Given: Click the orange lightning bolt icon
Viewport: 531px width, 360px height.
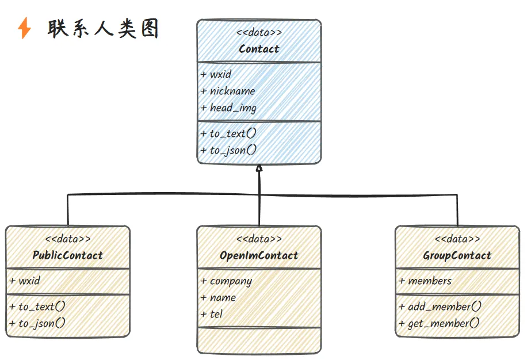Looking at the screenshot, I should [x=25, y=28].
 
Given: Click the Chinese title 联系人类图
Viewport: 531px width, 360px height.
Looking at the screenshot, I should [x=103, y=29].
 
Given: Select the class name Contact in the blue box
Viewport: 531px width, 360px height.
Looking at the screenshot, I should [x=259, y=49].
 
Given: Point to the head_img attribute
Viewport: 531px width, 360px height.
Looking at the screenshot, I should [x=229, y=108].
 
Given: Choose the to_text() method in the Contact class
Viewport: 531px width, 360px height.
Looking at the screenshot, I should [x=229, y=133].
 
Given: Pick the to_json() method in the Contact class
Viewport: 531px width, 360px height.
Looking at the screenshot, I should [x=229, y=150].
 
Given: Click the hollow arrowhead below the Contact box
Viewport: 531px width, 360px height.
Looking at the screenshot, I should [x=259, y=168].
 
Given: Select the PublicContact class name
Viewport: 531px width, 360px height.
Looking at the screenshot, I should [x=68, y=255].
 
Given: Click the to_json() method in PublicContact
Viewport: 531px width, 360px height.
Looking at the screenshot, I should [x=37, y=323].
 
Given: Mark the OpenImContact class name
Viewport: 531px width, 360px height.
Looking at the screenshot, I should [x=259, y=255].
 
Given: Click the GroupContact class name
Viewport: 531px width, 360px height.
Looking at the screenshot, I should [x=457, y=255].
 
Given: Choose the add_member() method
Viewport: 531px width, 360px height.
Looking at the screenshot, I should [x=440, y=307].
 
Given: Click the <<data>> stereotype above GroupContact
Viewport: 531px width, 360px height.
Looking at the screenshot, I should [x=457, y=239].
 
